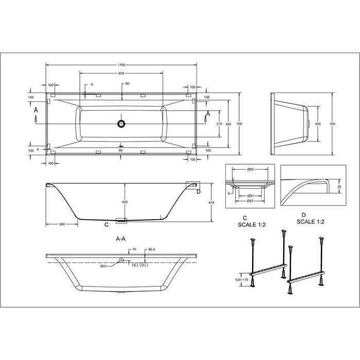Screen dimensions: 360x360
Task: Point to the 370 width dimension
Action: [x=219, y=124]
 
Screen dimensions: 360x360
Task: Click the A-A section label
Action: [x=122, y=239]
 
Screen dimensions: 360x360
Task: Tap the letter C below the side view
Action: [x=106, y=225]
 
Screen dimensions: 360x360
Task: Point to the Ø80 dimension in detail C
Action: [x=250, y=169]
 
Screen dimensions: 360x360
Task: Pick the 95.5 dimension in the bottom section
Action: [x=152, y=249]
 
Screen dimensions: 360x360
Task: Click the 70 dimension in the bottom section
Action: [x=134, y=249]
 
